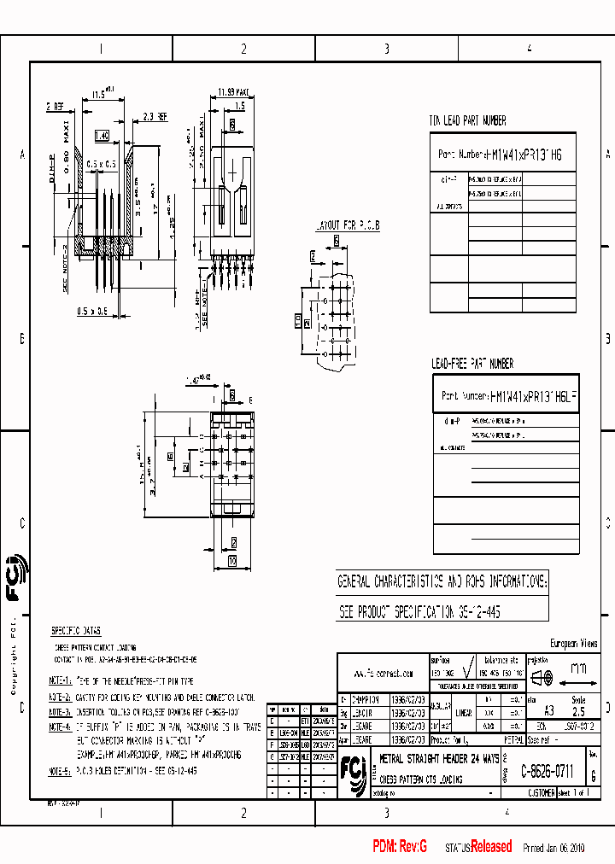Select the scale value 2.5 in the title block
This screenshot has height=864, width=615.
point(578,709)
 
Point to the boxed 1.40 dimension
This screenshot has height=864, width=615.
point(102,136)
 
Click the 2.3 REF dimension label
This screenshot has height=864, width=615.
point(155,116)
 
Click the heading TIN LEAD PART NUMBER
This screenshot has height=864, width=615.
point(467,121)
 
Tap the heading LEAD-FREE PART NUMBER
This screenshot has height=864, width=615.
point(472,364)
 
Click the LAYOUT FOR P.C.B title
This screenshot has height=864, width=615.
point(347,225)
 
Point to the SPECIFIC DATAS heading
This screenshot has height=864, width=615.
point(75,631)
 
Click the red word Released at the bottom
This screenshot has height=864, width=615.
point(491,847)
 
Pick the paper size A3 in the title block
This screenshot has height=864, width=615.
point(537,709)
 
